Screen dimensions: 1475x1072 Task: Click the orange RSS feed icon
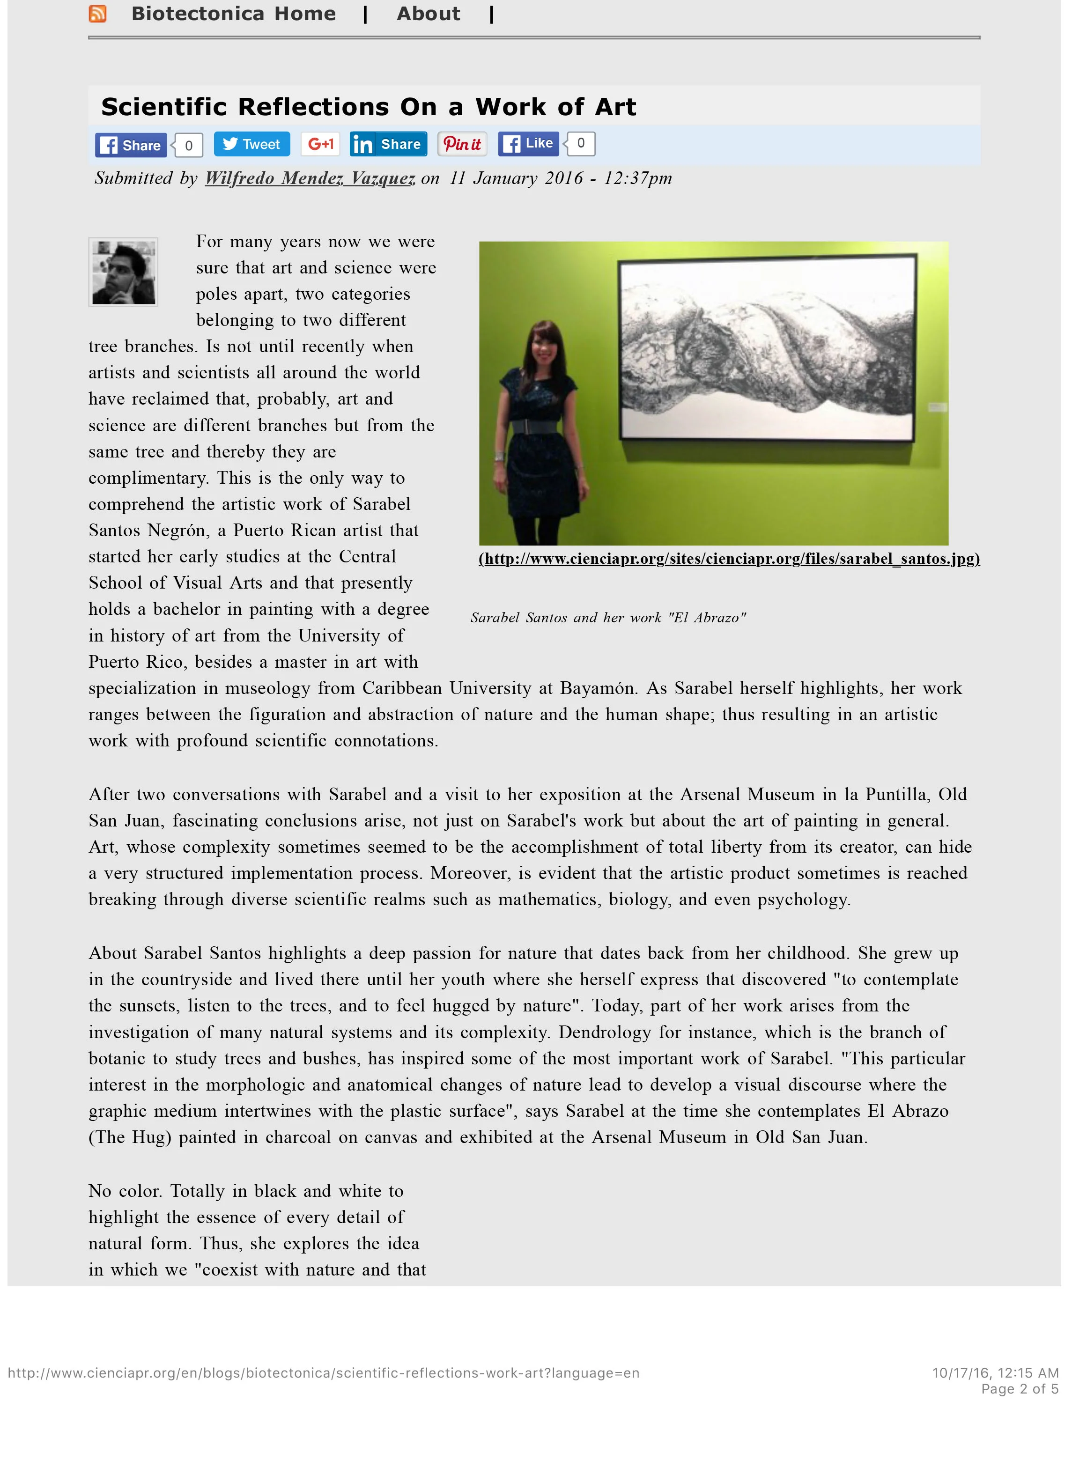pos(97,14)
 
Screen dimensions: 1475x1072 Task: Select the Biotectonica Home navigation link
pos(234,14)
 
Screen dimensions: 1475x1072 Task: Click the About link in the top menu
pos(428,14)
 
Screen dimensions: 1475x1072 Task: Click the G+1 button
pos(320,144)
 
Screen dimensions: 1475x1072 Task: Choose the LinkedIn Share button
pos(388,144)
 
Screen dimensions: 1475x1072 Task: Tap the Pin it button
pos(463,144)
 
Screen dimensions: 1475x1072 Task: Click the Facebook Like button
pos(530,144)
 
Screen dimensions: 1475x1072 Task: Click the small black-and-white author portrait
pos(123,272)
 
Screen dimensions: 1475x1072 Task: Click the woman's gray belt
pos(533,427)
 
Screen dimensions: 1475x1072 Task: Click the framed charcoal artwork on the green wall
pos(768,348)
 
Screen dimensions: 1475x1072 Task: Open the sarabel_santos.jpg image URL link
pos(729,559)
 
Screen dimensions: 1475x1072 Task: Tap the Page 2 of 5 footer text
pos(1019,1389)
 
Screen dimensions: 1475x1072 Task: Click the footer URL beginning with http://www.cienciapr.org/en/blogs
pos(323,1373)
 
